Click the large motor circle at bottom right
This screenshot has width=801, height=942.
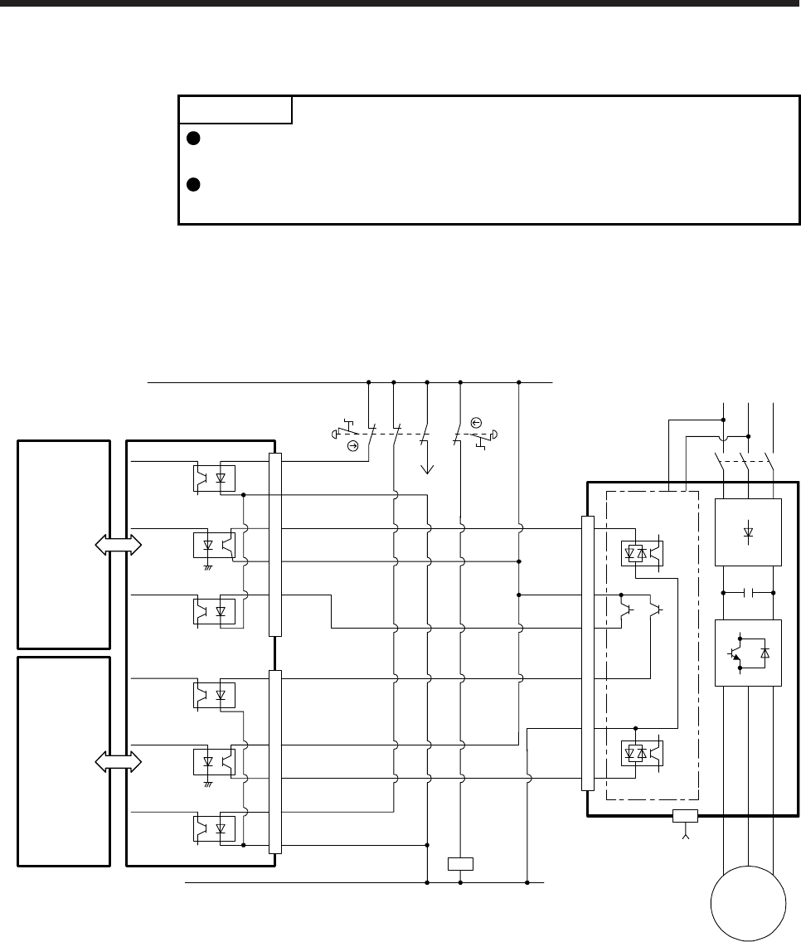pyautogui.click(x=749, y=905)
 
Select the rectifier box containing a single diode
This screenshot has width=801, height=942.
pyautogui.click(x=748, y=531)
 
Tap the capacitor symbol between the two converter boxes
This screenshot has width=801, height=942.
pyautogui.click(x=748, y=593)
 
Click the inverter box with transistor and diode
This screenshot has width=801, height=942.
pyautogui.click(x=748, y=653)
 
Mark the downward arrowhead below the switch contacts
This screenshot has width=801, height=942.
pyautogui.click(x=428, y=469)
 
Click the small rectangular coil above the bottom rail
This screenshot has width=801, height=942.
pyautogui.click(x=460, y=863)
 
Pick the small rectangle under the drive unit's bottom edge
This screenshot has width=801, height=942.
pyautogui.click(x=685, y=816)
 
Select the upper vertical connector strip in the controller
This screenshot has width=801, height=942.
pyautogui.click(x=275, y=544)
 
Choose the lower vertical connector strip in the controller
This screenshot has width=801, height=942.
pyautogui.click(x=275, y=761)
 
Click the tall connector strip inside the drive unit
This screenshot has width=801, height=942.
pyautogui.click(x=589, y=653)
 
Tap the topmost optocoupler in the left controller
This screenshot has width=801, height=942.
pyautogui.click(x=214, y=478)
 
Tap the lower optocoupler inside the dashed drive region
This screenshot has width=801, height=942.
pyautogui.click(x=642, y=754)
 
